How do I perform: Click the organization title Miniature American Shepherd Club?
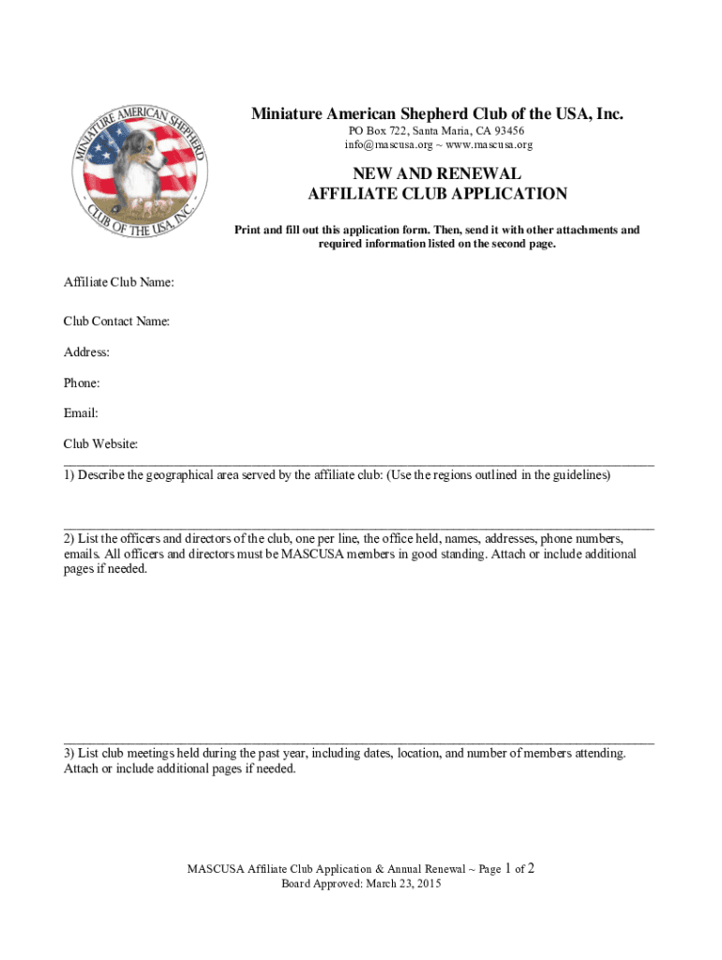(436, 114)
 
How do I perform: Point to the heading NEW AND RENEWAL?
(436, 173)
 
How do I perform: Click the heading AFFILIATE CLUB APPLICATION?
(437, 194)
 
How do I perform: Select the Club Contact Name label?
(116, 322)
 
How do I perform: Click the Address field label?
(86, 352)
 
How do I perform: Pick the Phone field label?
(82, 382)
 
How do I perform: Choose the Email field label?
(81, 412)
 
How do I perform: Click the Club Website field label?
(101, 443)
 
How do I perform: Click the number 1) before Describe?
(69, 475)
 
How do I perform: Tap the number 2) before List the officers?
(69, 539)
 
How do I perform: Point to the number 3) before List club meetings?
(69, 753)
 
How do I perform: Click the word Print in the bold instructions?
(248, 230)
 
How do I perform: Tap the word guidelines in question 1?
(579, 475)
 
